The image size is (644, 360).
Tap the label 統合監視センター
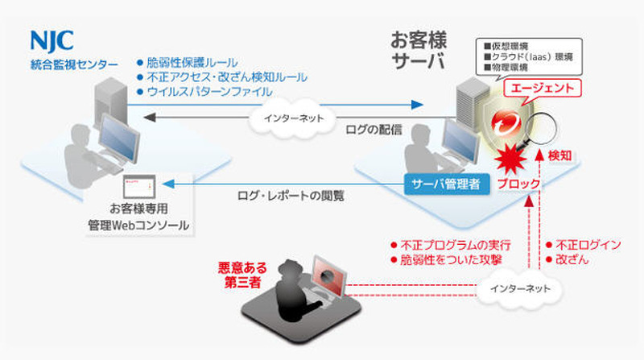[x=72, y=64]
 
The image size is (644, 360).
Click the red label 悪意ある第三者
[x=240, y=273]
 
